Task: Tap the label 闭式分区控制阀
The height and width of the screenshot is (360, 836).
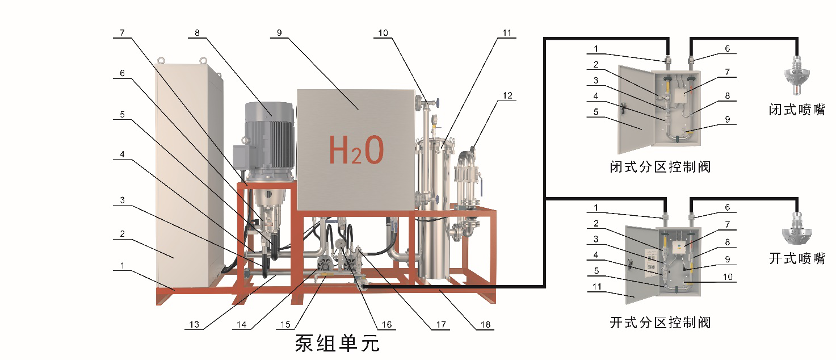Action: click(659, 167)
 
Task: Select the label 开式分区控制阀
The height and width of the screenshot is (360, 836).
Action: click(659, 323)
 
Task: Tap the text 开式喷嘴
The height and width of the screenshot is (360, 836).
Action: click(797, 258)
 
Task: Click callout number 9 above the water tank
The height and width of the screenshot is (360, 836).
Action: click(279, 33)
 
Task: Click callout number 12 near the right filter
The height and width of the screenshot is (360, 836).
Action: click(507, 95)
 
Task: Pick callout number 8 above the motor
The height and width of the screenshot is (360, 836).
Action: click(197, 33)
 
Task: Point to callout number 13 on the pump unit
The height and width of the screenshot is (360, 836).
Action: click(195, 325)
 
